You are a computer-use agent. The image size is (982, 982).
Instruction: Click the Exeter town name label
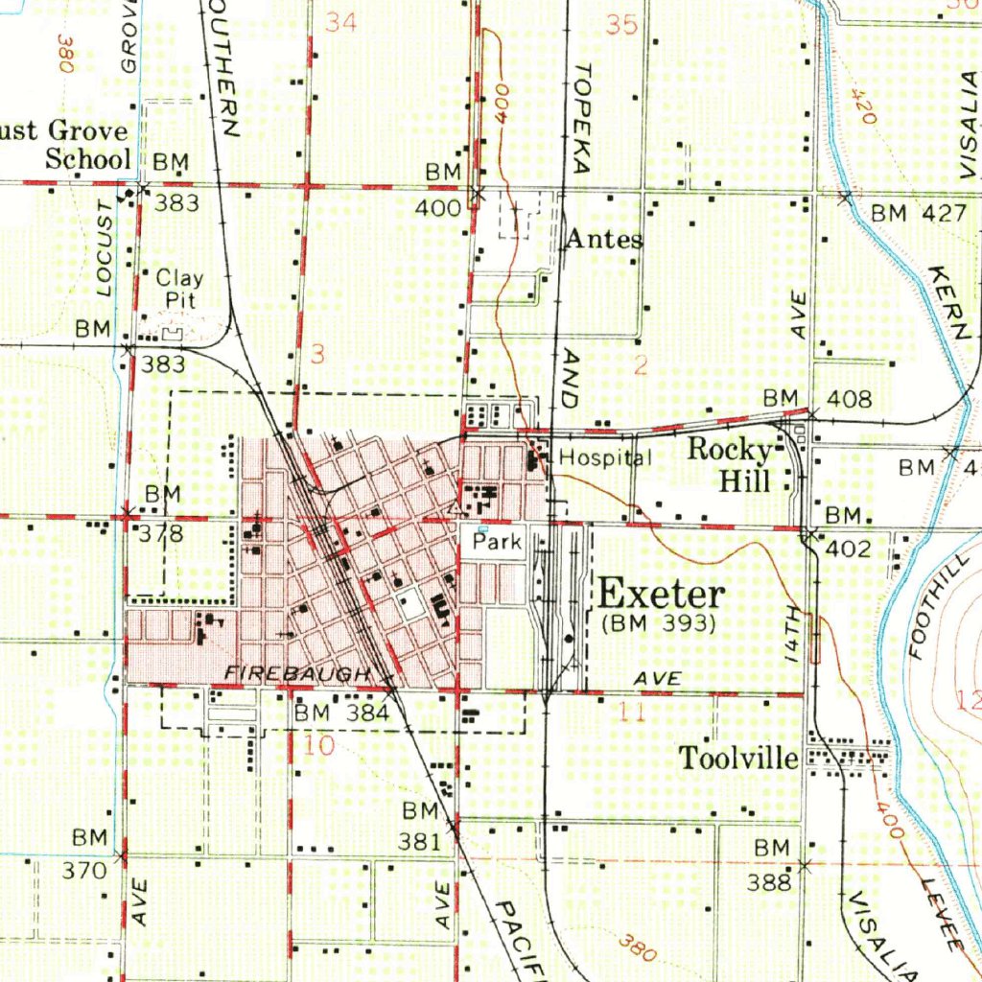[x=662, y=594]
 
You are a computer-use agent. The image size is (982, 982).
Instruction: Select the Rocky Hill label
[x=731, y=464]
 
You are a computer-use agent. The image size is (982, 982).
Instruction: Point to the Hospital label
[x=605, y=457]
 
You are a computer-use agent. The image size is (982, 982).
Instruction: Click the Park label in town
[x=498, y=542]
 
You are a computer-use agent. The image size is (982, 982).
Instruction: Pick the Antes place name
[x=604, y=239]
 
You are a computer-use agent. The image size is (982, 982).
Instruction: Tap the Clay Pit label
[x=179, y=289]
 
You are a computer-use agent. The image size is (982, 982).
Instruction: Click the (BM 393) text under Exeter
[x=659, y=624]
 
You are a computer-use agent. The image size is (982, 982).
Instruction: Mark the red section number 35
[x=621, y=25]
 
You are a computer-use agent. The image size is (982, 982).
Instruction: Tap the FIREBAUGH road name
[x=296, y=674]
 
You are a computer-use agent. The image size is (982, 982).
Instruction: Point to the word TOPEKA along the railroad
[x=582, y=119]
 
